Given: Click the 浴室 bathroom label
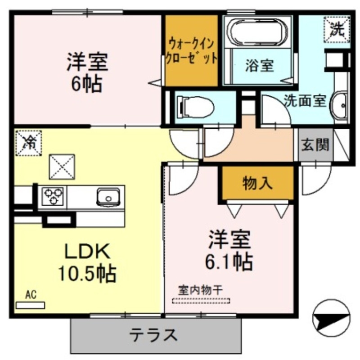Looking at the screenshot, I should pyautogui.click(x=259, y=66).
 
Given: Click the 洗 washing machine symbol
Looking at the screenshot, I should pyautogui.click(x=336, y=29).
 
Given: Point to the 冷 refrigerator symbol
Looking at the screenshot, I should pyautogui.click(x=28, y=143).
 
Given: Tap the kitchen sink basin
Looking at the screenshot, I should pyautogui.click(x=108, y=197).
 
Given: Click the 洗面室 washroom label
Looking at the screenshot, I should pyautogui.click(x=305, y=100).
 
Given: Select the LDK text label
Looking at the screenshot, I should pyautogui.click(x=87, y=251).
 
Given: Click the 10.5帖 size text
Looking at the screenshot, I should pyautogui.click(x=86, y=272).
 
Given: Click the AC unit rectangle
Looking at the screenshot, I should pyautogui.click(x=30, y=305).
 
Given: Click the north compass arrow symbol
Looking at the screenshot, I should pyautogui.click(x=331, y=318).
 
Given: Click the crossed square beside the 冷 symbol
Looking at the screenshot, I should pyautogui.click(x=62, y=166).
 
